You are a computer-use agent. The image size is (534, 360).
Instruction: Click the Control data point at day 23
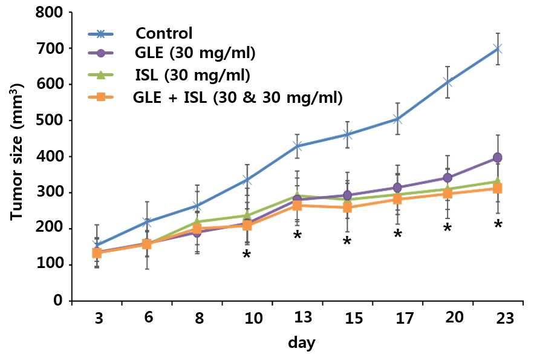[x=498, y=49]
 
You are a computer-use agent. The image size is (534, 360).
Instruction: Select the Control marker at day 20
[x=448, y=82]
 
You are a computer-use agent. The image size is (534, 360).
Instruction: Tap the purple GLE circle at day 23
[x=498, y=158]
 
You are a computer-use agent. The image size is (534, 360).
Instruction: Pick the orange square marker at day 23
[x=498, y=188]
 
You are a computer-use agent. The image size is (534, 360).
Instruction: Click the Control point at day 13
[x=298, y=146]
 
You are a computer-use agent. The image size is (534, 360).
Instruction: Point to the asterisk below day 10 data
[x=247, y=254]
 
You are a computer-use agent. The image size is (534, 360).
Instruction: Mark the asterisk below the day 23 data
[x=498, y=224]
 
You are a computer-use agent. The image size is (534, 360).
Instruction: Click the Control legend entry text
[x=164, y=33]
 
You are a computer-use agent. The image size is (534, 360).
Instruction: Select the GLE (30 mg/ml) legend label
[x=195, y=53]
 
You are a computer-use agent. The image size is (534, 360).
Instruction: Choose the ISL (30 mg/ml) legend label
[x=192, y=75]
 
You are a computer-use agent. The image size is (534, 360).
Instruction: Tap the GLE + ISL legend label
[x=238, y=98]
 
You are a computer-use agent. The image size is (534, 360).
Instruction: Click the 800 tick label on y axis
[x=50, y=13]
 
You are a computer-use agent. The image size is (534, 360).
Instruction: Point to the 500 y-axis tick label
[x=50, y=120]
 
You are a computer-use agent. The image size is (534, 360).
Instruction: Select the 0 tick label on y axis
[x=59, y=300]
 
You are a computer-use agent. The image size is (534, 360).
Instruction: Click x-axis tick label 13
[x=303, y=317]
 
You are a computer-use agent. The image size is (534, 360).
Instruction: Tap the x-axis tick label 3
[x=99, y=318]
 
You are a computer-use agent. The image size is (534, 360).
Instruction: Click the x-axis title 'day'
[x=301, y=342]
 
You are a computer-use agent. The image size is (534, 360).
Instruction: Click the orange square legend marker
[x=101, y=97]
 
